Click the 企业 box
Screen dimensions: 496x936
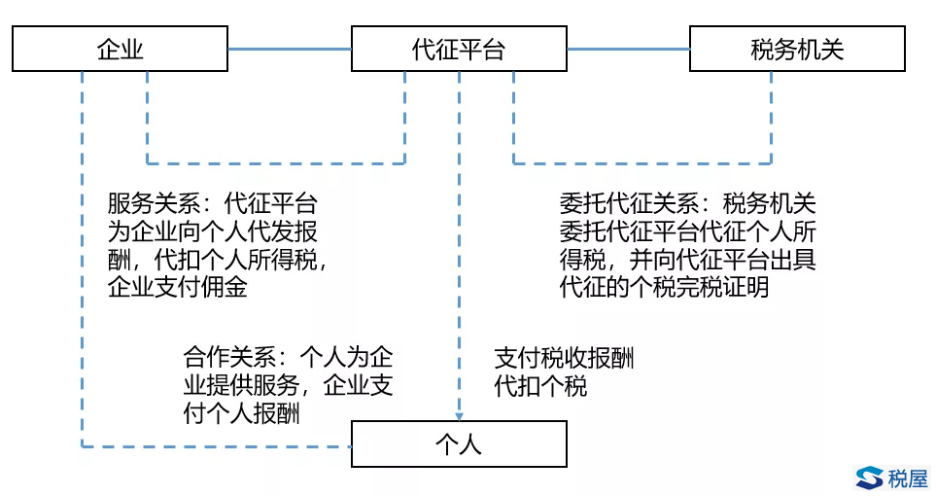pyautogui.click(x=120, y=49)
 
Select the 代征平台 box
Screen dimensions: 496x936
pyautogui.click(x=458, y=49)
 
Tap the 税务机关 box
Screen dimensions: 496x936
pyautogui.click(x=797, y=49)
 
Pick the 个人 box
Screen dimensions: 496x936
pyautogui.click(x=458, y=444)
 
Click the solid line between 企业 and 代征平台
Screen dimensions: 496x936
pyautogui.click(x=289, y=49)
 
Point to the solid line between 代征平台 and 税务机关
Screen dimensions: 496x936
pyautogui.click(x=628, y=49)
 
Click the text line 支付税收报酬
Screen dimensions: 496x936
pyautogui.click(x=564, y=358)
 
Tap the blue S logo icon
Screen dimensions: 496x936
pyautogui.click(x=869, y=477)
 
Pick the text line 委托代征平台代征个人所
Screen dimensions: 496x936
pyautogui.click(x=687, y=233)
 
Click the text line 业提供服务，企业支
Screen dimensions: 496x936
pyautogui.click(x=288, y=384)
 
